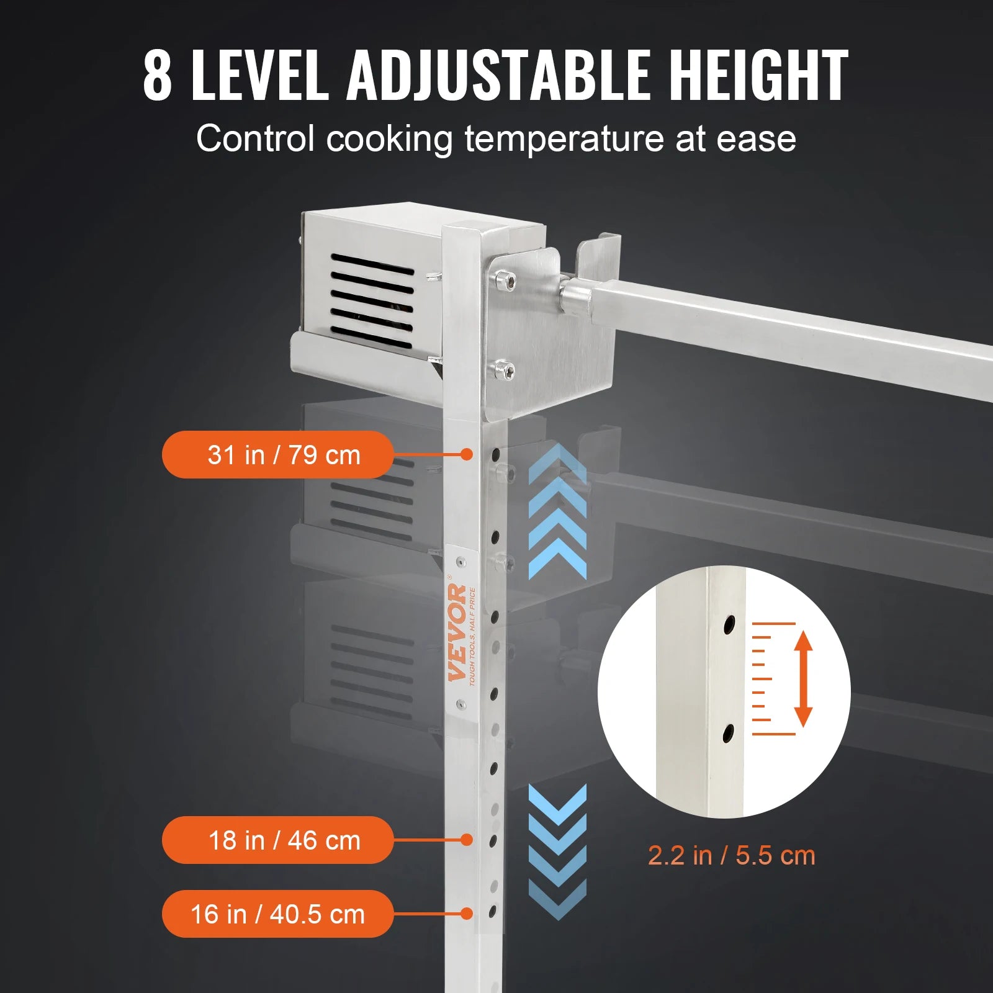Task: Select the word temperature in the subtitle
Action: (564, 139)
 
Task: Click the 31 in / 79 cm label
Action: (277, 455)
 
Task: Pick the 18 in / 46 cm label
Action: (277, 840)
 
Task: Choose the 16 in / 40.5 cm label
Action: (277, 914)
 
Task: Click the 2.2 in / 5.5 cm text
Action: (731, 856)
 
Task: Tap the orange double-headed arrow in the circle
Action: (803, 678)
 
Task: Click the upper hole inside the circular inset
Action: (729, 624)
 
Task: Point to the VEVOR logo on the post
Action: (458, 632)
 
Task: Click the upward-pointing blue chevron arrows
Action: (557, 513)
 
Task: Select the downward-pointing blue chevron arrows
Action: (557, 850)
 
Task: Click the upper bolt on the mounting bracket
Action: (509, 281)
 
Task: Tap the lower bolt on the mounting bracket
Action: (509, 371)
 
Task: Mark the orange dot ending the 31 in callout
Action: (467, 455)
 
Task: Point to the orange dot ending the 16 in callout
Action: (467, 914)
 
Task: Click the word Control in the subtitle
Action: (255, 139)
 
